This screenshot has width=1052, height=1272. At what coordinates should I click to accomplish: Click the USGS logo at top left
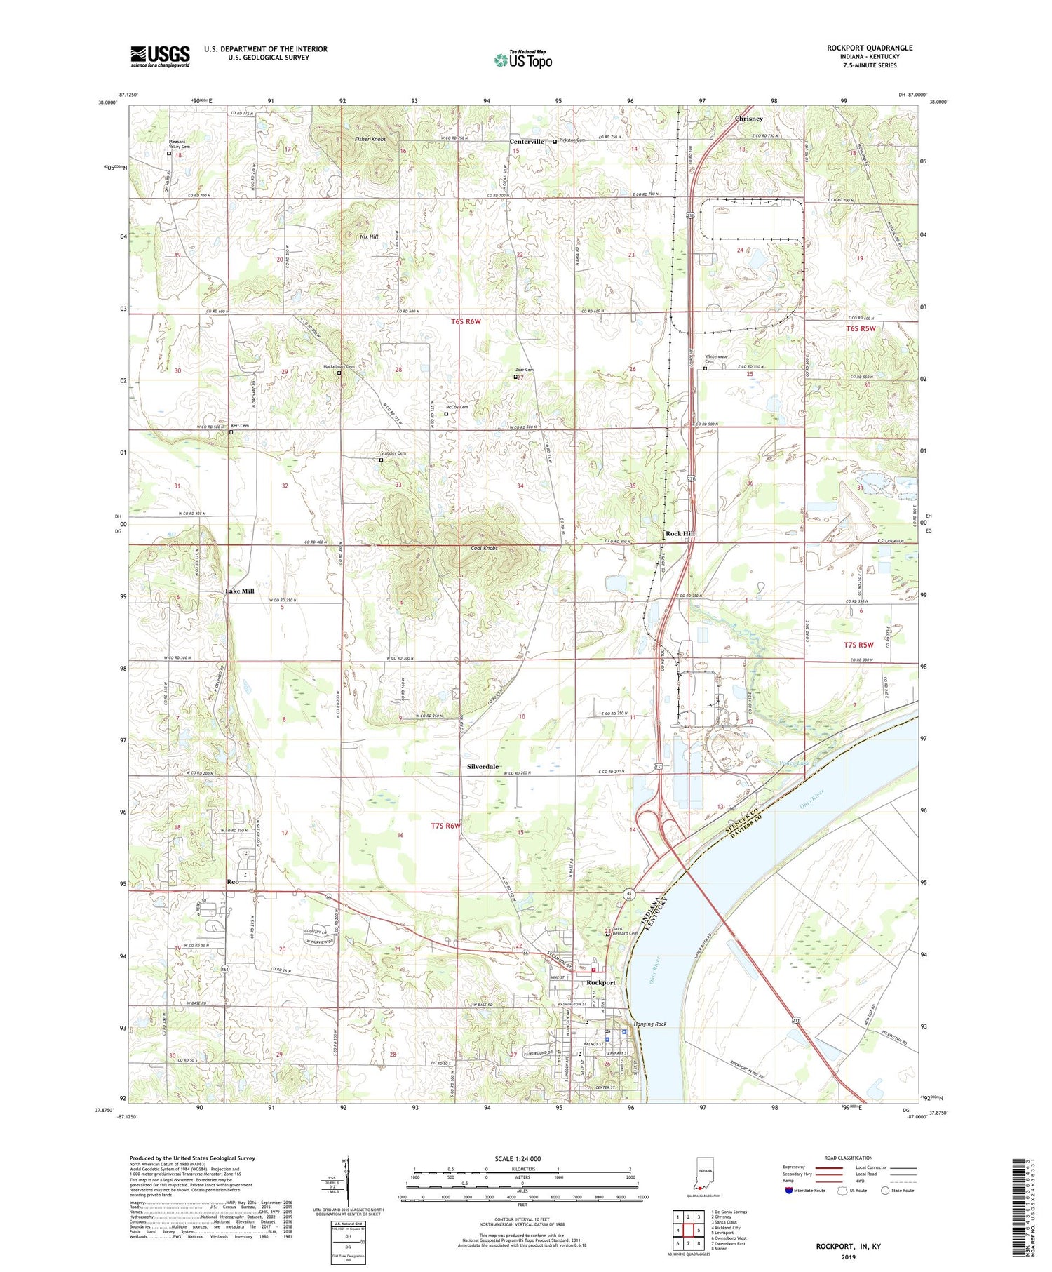(x=160, y=56)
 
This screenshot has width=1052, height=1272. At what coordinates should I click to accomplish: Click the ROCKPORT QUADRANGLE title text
(x=869, y=48)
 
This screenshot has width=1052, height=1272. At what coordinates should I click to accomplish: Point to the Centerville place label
(x=526, y=142)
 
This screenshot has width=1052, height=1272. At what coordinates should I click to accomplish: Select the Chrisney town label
(x=748, y=119)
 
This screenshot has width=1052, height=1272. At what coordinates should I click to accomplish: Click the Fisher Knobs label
(x=370, y=140)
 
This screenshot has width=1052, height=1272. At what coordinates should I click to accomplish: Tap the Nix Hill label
(x=369, y=237)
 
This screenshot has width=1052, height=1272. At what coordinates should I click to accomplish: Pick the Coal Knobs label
(x=484, y=548)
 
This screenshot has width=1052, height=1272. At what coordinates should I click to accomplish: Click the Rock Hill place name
(x=680, y=534)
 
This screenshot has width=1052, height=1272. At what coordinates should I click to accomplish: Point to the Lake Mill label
(x=239, y=591)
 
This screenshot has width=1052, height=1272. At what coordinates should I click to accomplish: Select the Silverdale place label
(x=483, y=767)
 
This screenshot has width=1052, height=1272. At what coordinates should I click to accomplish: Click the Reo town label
(x=233, y=882)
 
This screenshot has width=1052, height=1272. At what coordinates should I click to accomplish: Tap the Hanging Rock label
(x=649, y=1024)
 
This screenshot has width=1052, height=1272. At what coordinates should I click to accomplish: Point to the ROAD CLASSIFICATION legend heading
(x=849, y=1158)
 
